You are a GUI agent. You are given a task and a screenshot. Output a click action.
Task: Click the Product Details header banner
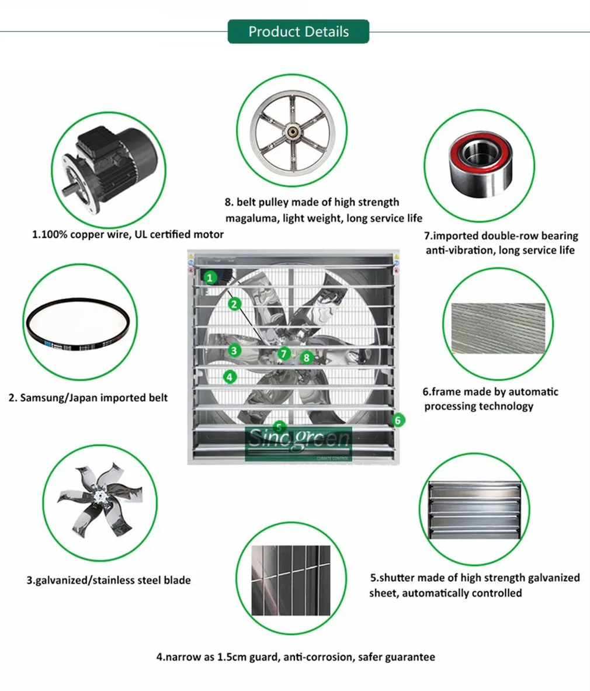298,32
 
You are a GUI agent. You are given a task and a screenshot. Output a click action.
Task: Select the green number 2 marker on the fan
234,304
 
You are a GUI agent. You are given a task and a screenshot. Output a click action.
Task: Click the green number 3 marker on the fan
234,350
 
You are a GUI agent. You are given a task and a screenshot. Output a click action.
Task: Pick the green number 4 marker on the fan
230,377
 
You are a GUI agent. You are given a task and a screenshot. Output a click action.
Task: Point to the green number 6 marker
398,419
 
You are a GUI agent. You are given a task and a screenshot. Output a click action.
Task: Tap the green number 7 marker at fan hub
284,353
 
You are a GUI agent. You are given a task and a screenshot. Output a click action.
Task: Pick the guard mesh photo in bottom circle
290,581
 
